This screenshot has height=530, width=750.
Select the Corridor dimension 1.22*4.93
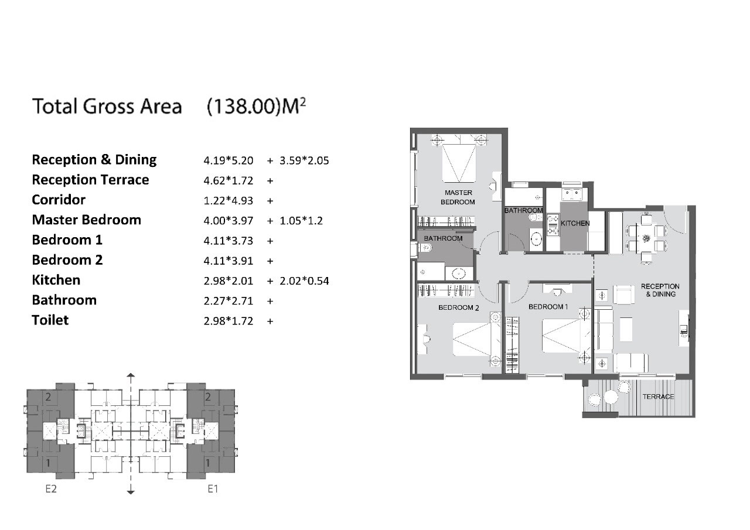(x=229, y=201)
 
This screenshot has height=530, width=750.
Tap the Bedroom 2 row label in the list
(x=67, y=260)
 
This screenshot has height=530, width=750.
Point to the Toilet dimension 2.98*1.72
(x=229, y=321)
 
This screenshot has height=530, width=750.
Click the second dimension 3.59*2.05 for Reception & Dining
(x=304, y=160)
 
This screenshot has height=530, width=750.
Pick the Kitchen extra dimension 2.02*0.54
(x=304, y=281)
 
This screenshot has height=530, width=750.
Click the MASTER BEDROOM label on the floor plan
(x=458, y=197)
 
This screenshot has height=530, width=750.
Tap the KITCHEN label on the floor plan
(x=575, y=223)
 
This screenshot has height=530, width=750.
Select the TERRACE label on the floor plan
(x=658, y=396)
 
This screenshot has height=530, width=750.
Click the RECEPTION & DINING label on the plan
(x=660, y=290)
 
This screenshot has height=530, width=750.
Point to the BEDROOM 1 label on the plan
(x=548, y=307)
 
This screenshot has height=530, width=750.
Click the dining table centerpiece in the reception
(x=646, y=238)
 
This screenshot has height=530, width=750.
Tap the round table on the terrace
(x=611, y=397)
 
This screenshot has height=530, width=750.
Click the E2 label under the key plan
(x=51, y=489)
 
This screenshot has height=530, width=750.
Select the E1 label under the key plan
(x=213, y=489)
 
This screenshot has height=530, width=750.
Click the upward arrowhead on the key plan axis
(x=131, y=375)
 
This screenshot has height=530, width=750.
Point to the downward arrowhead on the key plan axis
(x=131, y=492)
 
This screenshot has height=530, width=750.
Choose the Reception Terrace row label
(x=90, y=180)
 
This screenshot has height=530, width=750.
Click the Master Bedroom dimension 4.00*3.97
(x=229, y=221)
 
